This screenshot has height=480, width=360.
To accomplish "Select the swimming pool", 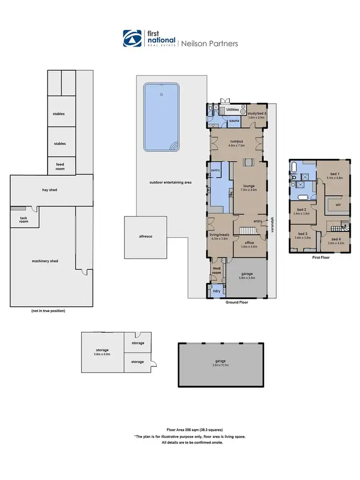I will (161, 117).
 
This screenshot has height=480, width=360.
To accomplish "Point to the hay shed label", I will (49, 190).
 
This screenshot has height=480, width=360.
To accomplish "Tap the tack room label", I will (23, 220).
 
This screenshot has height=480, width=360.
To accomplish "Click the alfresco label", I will (145, 237).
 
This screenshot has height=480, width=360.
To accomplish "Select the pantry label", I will (216, 170).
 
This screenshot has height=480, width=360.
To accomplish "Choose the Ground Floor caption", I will (237, 303).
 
